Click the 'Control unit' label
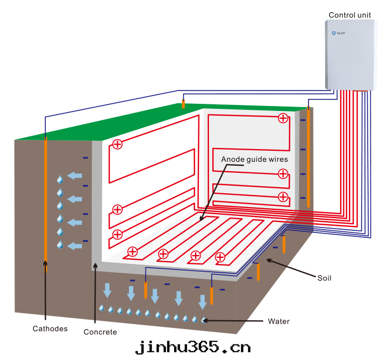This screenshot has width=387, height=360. click(x=349, y=15)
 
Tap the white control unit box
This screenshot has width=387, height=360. click(x=351, y=55)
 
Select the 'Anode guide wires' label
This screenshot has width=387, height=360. click(x=254, y=159)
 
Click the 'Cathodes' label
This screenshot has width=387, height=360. click(x=50, y=329)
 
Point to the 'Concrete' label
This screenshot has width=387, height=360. click(x=100, y=332)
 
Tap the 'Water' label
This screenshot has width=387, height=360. click(x=279, y=321)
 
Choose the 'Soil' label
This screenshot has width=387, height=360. click(x=325, y=278)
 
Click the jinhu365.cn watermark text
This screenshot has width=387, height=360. click(x=193, y=347)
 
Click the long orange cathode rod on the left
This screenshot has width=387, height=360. click(x=45, y=204)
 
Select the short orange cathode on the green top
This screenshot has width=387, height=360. click(x=184, y=104)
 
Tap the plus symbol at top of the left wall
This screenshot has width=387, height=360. click(x=117, y=144)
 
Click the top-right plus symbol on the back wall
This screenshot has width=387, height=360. click(x=283, y=118)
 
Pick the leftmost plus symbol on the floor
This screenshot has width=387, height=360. click(x=133, y=252)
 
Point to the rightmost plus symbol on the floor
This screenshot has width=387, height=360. click(x=220, y=257)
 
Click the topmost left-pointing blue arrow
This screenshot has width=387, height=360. click(x=75, y=176)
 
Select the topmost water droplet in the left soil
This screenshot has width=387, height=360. click(x=60, y=179)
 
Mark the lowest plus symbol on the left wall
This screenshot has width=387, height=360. click(x=117, y=234)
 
